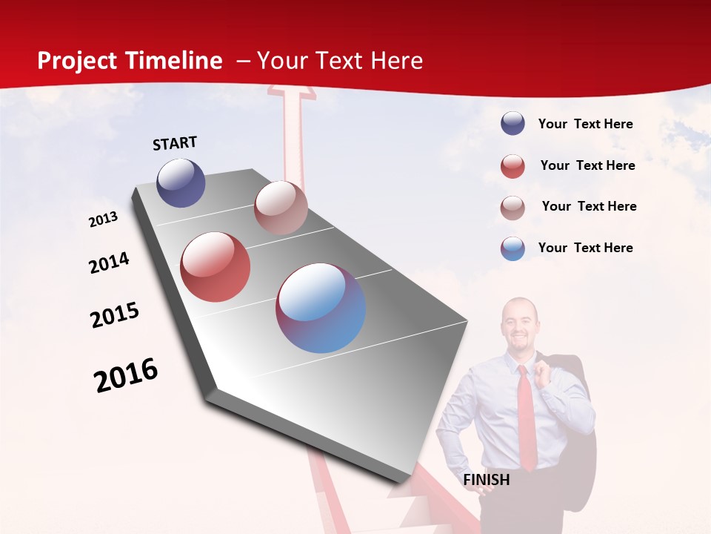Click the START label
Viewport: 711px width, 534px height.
[175, 143]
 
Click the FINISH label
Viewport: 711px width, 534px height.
[487, 480]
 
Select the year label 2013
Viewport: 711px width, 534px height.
[103, 220]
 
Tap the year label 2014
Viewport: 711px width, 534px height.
[109, 263]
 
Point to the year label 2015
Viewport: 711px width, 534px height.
[115, 314]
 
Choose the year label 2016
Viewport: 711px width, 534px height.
[126, 375]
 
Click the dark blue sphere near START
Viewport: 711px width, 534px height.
[181, 183]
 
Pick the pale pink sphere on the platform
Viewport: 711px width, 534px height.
[281, 208]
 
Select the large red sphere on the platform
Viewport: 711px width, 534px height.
[216, 266]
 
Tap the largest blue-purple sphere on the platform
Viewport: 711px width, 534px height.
[321, 308]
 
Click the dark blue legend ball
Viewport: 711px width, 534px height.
[513, 124]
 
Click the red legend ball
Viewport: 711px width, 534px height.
[513, 166]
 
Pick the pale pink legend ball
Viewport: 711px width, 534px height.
[513, 208]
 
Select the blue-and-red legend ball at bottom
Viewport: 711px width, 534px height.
[513, 248]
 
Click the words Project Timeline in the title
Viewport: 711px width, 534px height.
[130, 61]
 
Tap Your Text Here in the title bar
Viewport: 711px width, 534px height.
[340, 61]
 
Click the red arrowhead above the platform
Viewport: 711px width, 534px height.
[291, 92]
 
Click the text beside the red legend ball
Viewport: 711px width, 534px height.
[587, 165]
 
